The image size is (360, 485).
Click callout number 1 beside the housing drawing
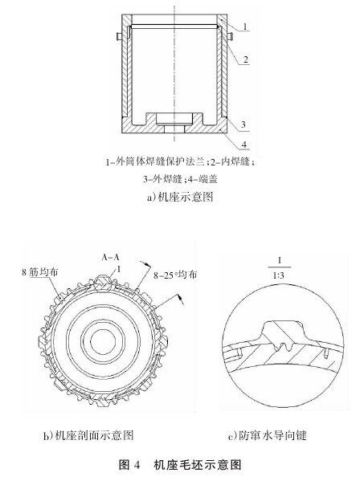tap(245, 26)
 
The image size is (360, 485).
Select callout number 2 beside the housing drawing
tap(245, 59)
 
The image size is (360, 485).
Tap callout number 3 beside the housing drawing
tap(243, 124)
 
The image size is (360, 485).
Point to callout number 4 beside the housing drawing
tap(244, 145)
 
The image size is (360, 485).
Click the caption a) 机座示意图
tap(180, 197)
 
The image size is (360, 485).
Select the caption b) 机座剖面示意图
tap(88, 435)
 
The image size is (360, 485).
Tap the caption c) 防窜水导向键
tap(267, 435)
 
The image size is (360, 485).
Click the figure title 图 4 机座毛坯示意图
tap(180, 465)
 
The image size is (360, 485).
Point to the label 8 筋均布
tap(40, 272)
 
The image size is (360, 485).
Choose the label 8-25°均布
tap(175, 275)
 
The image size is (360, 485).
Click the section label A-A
tap(111, 257)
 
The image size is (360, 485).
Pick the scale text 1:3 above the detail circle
tap(279, 275)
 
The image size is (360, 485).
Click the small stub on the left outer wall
tap(119, 36)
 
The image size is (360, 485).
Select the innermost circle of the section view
tap(103, 340)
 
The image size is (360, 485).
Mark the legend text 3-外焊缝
tap(162, 178)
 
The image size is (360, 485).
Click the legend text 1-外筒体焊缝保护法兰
tap(155, 161)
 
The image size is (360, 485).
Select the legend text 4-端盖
tap(202, 178)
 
